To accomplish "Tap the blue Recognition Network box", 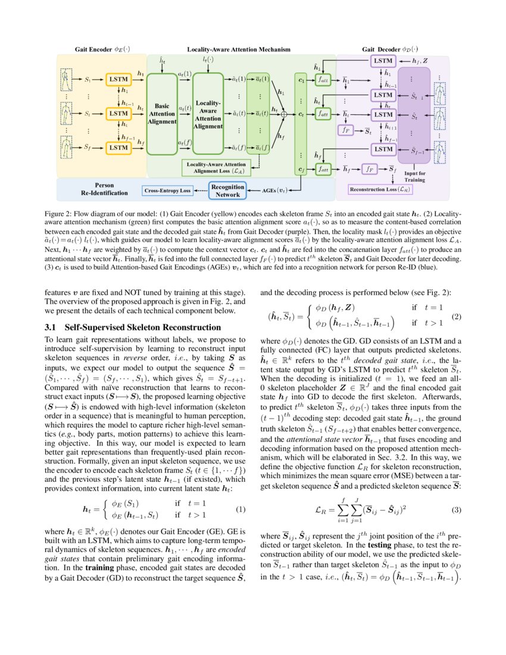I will click(227, 191).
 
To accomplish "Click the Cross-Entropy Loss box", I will click(167, 191).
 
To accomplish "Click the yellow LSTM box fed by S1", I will click(119, 79).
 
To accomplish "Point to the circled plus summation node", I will click(284, 113).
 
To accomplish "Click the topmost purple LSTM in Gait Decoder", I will click(381, 60).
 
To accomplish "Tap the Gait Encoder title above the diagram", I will click(102, 49).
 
